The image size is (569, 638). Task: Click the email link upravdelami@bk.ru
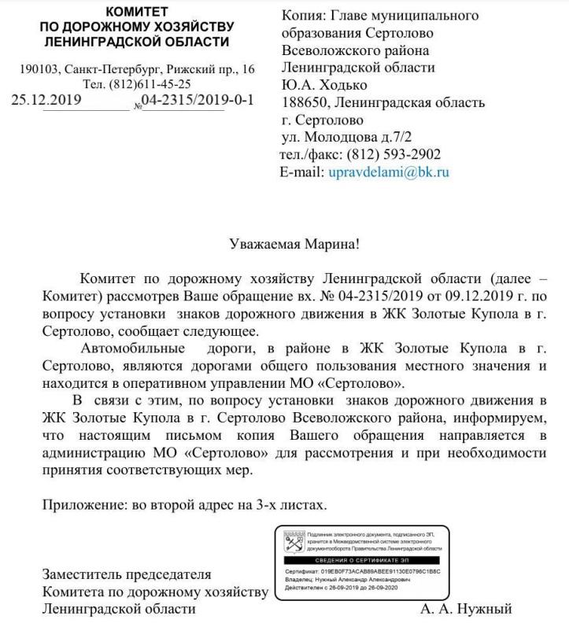pos(389,171)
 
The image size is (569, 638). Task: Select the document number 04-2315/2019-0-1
pos(197,101)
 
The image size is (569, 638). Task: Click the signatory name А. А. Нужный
pos(467,609)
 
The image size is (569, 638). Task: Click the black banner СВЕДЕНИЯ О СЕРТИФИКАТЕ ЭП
pos(361,559)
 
